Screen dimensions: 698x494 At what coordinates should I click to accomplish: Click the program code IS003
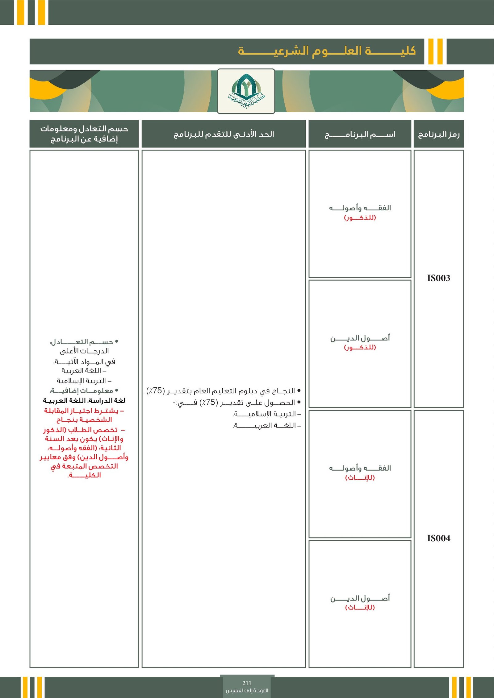point(438,278)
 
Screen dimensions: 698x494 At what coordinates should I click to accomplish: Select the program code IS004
point(438,539)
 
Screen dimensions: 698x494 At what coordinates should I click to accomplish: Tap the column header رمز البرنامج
point(438,134)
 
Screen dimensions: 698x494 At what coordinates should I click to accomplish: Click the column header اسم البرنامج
point(360,134)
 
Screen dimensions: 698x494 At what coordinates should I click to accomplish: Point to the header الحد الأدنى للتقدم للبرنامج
point(224,134)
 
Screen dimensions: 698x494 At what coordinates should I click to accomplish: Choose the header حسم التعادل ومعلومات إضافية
point(84,134)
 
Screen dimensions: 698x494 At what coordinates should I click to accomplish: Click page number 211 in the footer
point(247,683)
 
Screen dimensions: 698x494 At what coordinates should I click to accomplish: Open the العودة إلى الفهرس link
point(247,691)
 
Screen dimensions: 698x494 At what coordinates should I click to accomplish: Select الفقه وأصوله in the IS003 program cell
point(360,208)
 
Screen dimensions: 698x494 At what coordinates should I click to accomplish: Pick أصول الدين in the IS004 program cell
point(360,598)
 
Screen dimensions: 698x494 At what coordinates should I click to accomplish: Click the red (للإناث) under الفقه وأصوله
point(360,478)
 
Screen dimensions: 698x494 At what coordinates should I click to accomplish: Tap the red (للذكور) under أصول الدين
point(360,348)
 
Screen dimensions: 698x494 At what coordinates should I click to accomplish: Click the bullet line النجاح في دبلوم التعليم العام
point(222,391)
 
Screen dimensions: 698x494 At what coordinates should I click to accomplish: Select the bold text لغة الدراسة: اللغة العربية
point(84,401)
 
